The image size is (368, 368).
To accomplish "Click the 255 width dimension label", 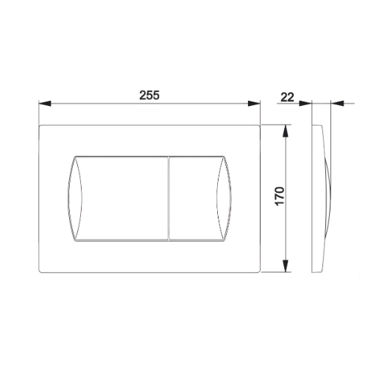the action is [x=149, y=95].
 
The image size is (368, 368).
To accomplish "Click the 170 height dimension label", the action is [x=280, y=197].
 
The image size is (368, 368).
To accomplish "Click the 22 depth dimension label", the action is [x=287, y=97].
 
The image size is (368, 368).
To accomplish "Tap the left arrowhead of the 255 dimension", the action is [x=45, y=104].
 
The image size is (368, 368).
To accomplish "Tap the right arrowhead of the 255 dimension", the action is [x=254, y=104].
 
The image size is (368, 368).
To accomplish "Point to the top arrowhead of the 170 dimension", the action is [x=286, y=131].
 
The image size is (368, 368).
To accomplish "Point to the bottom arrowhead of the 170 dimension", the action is [x=286, y=266].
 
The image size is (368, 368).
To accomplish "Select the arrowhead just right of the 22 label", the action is [x=305, y=104].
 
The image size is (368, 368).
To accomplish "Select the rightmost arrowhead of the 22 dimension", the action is [x=336, y=104].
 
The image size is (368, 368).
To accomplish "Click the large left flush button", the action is [x=125, y=198].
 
